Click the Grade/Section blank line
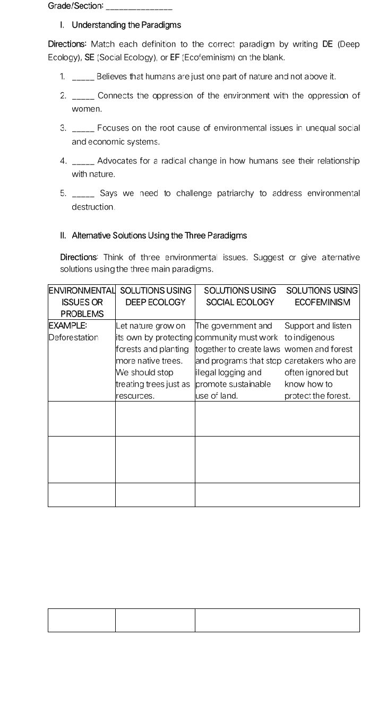(139, 7)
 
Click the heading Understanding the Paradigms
(126, 25)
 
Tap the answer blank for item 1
(83, 77)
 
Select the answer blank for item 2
(83, 97)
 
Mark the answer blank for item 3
(83, 129)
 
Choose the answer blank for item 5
(83, 194)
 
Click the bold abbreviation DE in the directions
(328, 44)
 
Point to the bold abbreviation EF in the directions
(174, 57)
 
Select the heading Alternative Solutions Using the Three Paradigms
(159, 236)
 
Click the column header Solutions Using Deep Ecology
(155, 297)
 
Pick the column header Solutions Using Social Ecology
(240, 297)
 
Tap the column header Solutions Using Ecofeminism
(322, 297)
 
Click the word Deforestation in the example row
(73, 337)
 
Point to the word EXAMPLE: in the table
(67, 326)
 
